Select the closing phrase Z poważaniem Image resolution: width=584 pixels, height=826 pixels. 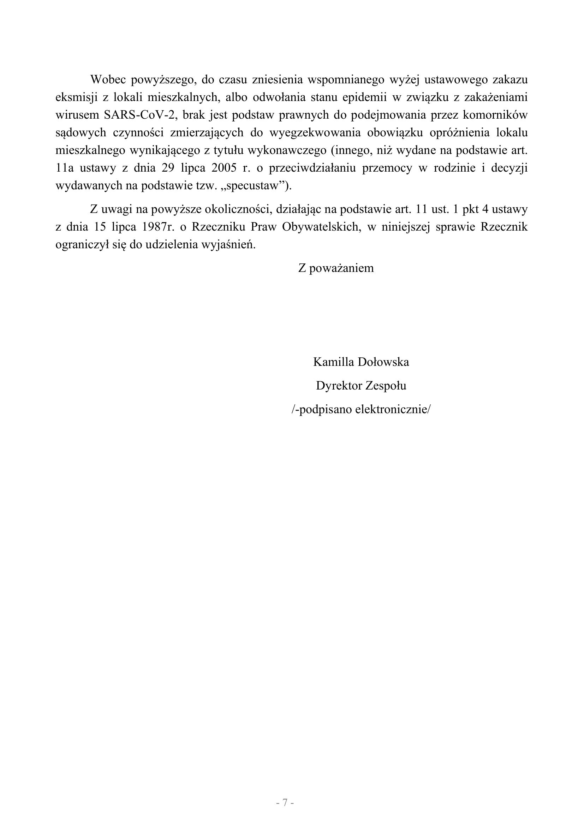[336, 268]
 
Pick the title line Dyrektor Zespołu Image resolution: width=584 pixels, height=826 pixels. [361, 386]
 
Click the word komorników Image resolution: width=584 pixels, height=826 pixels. [499, 115]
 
